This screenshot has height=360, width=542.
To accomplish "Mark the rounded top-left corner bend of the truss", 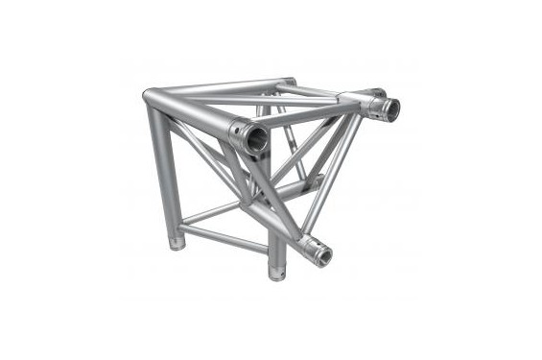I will click(x=152, y=98).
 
